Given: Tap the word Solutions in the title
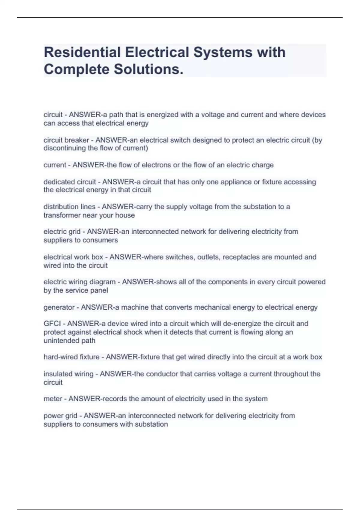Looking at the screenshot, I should [x=148, y=70].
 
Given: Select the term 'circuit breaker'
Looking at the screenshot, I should [x=66, y=140].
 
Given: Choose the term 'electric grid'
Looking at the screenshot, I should [x=62, y=232].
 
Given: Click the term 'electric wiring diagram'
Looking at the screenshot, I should [x=79, y=282].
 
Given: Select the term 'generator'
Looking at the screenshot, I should [x=59, y=307].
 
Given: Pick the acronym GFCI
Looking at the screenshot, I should [x=52, y=324].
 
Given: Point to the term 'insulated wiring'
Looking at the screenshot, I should [x=68, y=374].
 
